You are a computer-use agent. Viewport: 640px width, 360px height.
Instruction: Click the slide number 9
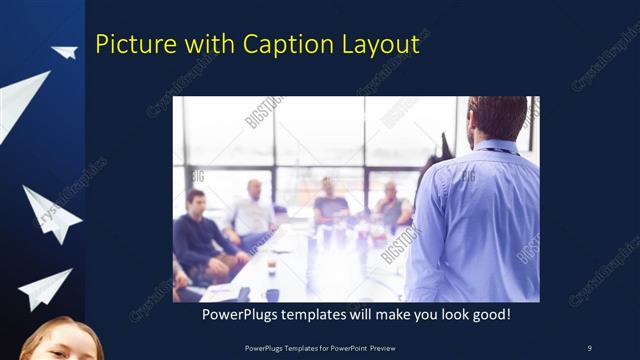pyautogui.click(x=589, y=347)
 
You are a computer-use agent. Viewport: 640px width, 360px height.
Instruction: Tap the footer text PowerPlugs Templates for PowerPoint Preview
pyautogui.click(x=319, y=347)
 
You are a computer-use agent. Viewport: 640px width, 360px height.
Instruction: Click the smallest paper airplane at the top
pyautogui.click(x=65, y=52)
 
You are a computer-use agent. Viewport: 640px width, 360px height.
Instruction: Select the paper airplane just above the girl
pyautogui.click(x=45, y=288)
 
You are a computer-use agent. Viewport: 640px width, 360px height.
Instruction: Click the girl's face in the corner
pyautogui.click(x=60, y=342)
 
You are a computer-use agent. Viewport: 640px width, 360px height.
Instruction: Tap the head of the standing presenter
pyautogui.click(x=497, y=117)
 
